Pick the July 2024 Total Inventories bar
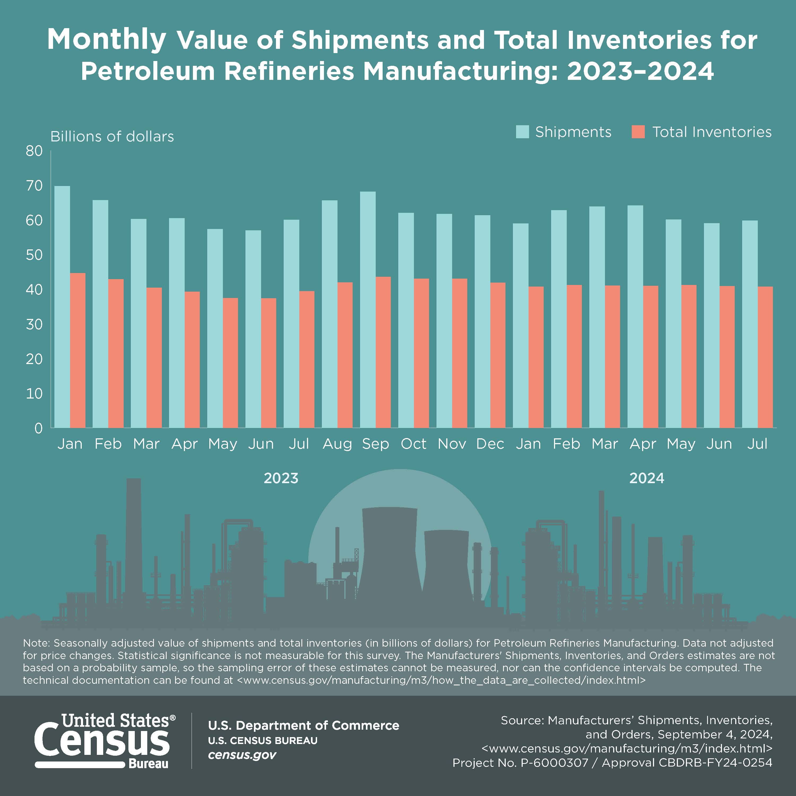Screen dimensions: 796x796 point(765,357)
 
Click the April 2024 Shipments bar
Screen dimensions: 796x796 point(635,317)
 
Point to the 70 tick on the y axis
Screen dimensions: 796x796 point(34,186)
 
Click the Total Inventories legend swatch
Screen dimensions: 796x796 point(638,132)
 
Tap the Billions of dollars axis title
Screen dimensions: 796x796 point(112,136)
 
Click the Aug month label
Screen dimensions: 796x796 point(337,444)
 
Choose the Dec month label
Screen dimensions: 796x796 point(490,444)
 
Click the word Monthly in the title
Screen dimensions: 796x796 point(107,40)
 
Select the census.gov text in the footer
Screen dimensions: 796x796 point(242,755)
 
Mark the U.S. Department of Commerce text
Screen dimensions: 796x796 point(303,725)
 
